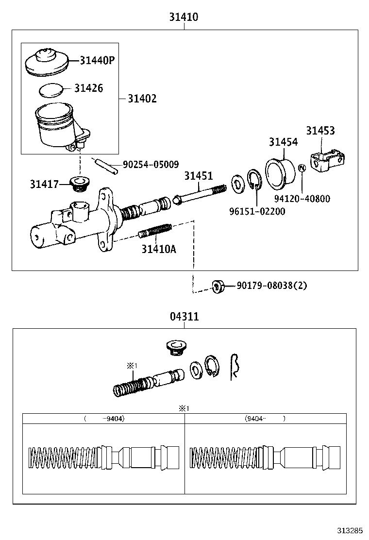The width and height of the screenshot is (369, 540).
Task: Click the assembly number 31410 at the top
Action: pyautogui.click(x=184, y=17)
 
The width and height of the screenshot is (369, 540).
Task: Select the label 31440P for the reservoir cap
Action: pyautogui.click(x=97, y=60)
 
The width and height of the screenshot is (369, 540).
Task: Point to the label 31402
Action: pyautogui.click(x=142, y=99)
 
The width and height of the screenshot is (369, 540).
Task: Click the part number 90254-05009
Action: pyautogui.click(x=151, y=165)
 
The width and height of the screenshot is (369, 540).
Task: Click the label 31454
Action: pyautogui.click(x=284, y=142)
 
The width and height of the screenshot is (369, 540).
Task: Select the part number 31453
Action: pyautogui.click(x=320, y=131)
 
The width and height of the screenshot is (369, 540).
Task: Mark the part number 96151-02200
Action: pyautogui.click(x=257, y=211)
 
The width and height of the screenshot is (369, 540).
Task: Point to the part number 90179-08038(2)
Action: pyautogui.click(x=272, y=286)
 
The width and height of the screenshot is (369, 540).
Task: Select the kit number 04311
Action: pyautogui.click(x=184, y=317)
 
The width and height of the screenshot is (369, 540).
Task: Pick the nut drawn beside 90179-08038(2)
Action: pyautogui.click(x=218, y=286)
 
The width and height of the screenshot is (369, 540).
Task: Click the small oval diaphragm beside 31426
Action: pyautogui.click(x=51, y=90)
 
